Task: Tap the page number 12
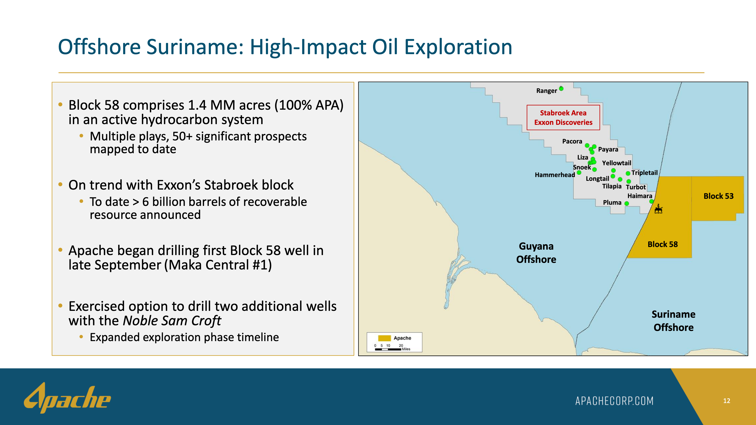[x=726, y=401]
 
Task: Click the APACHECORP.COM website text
[x=614, y=401]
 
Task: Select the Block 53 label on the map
[x=718, y=196]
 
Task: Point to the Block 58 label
[x=663, y=244]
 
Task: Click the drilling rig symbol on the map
[x=659, y=209]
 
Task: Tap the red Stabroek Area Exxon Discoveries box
[x=563, y=117]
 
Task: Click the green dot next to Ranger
[x=561, y=88]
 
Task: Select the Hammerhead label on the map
[x=555, y=175]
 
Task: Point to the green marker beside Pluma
[x=627, y=204]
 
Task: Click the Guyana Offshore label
[x=536, y=253]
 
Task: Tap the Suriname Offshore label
[x=673, y=321]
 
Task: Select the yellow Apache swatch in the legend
[x=384, y=338]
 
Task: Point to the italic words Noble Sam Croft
[x=172, y=321]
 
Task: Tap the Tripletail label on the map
[x=644, y=173]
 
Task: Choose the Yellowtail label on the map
[x=617, y=163]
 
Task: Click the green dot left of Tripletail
[x=628, y=173]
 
